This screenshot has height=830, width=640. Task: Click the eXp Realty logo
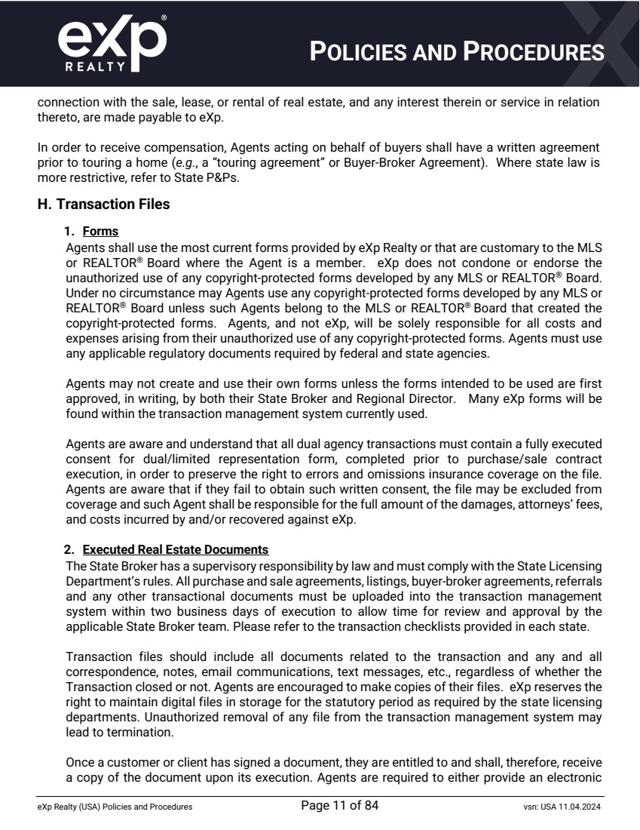point(112,43)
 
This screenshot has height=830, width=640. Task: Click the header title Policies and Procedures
point(458,51)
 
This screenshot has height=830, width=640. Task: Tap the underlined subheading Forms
point(100,232)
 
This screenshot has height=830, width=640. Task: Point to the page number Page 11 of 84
point(339,806)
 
